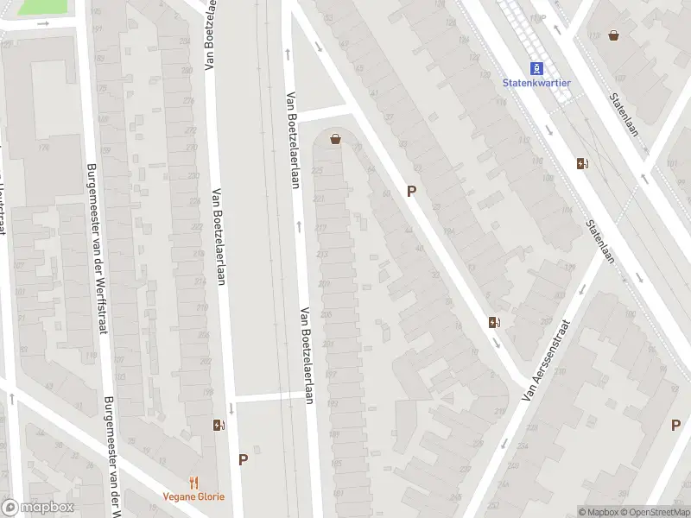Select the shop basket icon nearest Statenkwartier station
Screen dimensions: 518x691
click(614, 35)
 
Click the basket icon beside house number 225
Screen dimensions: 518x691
click(335, 139)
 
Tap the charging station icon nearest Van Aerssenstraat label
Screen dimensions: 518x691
click(494, 323)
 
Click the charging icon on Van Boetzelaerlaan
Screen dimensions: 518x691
click(219, 425)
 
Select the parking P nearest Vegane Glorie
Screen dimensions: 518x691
click(244, 459)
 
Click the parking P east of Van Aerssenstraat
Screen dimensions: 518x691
click(675, 425)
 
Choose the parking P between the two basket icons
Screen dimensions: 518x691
click(412, 192)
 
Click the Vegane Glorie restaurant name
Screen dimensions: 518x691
click(194, 496)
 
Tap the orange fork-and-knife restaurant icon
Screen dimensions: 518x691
click(194, 483)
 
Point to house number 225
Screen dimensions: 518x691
click(317, 171)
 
